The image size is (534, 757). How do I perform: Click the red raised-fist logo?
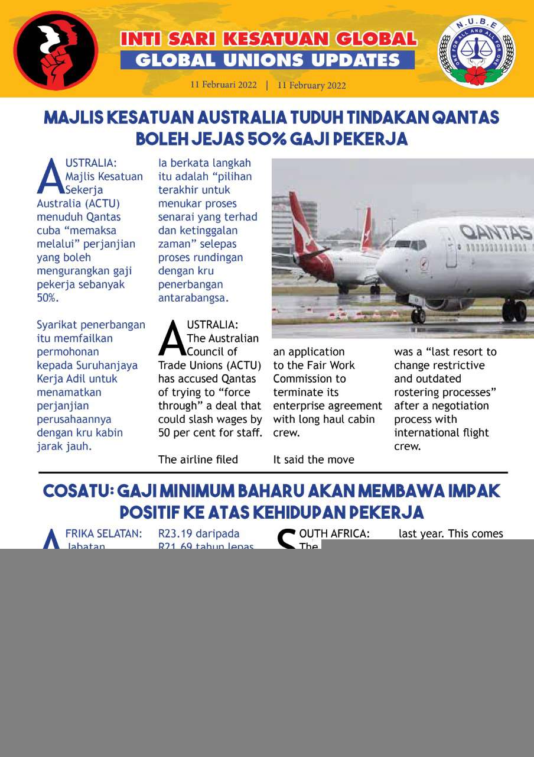[56, 50]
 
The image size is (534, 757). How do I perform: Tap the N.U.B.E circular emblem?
[476, 51]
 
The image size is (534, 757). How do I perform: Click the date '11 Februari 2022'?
[223, 85]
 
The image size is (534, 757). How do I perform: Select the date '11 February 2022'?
[311, 85]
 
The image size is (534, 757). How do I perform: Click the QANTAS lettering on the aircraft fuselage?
[495, 231]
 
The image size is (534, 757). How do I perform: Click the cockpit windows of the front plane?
[410, 244]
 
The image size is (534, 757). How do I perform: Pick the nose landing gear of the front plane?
[418, 314]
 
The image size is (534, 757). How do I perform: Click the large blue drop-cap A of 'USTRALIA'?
[50, 177]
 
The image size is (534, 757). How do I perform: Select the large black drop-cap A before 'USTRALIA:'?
[172, 339]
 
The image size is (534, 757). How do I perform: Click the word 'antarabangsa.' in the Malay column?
[193, 298]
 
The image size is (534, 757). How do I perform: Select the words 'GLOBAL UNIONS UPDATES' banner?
[268, 60]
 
